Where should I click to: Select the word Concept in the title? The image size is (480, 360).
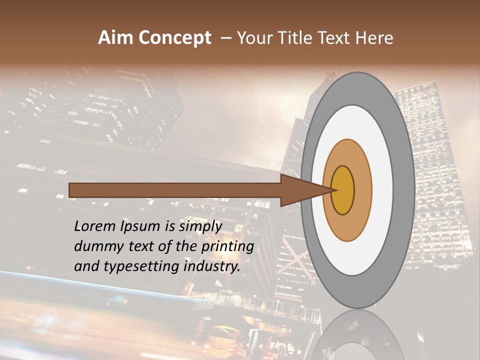point(175,38)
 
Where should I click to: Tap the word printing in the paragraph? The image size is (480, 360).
point(228,247)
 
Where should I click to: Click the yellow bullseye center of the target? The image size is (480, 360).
point(343,190)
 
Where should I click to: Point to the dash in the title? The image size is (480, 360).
point(225,38)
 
